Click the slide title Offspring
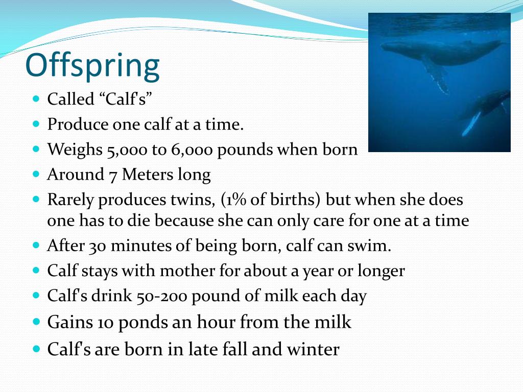pyautogui.click(x=92, y=66)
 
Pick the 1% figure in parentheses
pyautogui.click(x=234, y=200)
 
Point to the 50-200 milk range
pyautogui.click(x=152, y=296)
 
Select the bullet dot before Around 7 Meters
pyautogui.click(x=36, y=174)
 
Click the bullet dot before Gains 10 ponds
pyautogui.click(x=36, y=322)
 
